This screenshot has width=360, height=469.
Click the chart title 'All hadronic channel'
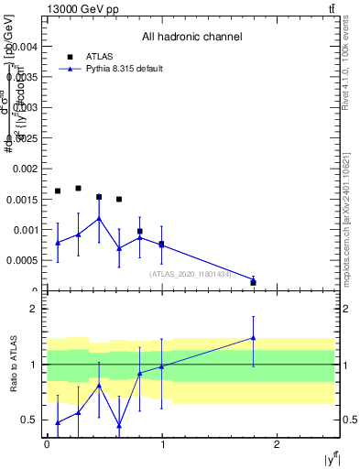point(191,38)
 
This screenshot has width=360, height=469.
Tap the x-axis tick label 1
point(162,444)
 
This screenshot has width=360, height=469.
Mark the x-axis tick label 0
point(47,444)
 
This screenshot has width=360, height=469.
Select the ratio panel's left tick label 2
point(32,309)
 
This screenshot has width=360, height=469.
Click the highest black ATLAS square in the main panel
point(78,188)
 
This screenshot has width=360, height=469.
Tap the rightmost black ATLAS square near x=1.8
point(253,282)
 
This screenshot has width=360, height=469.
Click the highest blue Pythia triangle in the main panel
point(99,218)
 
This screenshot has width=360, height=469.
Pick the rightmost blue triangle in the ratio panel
point(253,338)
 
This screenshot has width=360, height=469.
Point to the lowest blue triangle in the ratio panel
point(119,425)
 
